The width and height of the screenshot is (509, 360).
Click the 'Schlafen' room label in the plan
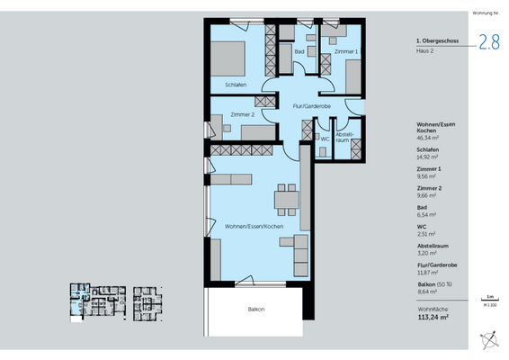(224, 85)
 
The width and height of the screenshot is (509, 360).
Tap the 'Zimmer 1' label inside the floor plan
(346, 53)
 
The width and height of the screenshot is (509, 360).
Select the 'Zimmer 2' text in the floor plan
(242, 115)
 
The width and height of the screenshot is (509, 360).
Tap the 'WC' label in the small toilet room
(324, 139)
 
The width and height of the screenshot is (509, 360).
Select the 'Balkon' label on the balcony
(256, 309)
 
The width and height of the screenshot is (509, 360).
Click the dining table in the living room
(287, 196)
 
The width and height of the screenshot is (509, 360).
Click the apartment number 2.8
(488, 42)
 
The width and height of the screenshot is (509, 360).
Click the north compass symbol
(488, 340)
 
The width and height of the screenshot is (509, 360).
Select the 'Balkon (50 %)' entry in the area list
(436, 284)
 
